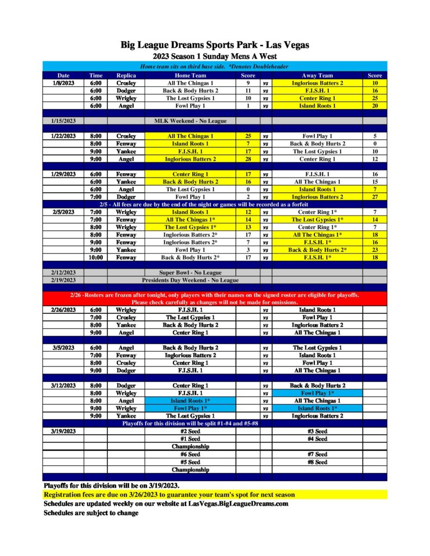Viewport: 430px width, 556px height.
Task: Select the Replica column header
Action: (x=126, y=75)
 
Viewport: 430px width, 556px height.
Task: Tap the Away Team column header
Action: (x=317, y=75)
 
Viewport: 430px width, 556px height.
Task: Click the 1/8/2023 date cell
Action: (x=64, y=83)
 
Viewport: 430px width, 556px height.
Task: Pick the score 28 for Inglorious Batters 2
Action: (x=248, y=159)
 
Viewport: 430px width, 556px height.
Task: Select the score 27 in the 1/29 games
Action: (x=375, y=197)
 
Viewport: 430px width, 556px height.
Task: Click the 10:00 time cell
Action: (x=96, y=257)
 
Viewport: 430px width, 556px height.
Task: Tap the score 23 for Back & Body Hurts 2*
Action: (x=375, y=250)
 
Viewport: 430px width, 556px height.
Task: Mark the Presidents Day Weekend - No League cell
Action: (x=190, y=280)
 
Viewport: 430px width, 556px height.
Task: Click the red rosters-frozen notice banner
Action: (x=215, y=298)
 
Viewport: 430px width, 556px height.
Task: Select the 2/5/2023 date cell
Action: (x=64, y=212)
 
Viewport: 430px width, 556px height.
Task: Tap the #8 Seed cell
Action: (x=317, y=462)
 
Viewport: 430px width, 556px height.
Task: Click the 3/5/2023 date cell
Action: (x=64, y=347)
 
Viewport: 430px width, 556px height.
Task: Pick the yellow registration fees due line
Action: (x=169, y=495)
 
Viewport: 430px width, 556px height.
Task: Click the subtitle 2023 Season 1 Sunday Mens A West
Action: (x=215, y=56)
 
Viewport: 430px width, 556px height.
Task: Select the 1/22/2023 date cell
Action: (x=64, y=136)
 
